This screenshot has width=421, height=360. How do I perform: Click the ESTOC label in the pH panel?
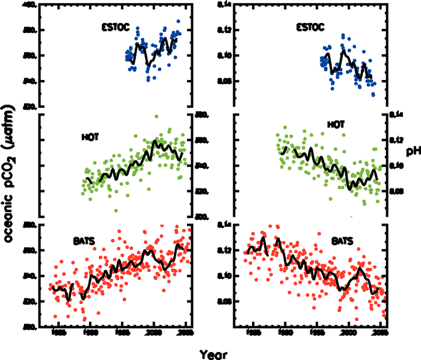pos(310,26)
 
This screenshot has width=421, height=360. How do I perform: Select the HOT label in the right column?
pos(335,125)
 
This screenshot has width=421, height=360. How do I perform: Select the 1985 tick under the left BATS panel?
pos(58,332)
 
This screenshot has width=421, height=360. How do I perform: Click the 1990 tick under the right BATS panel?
pos(285,332)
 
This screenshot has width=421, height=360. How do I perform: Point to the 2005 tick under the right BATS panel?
pos(381,332)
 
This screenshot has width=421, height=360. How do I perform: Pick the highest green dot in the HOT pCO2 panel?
pos(156,116)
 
